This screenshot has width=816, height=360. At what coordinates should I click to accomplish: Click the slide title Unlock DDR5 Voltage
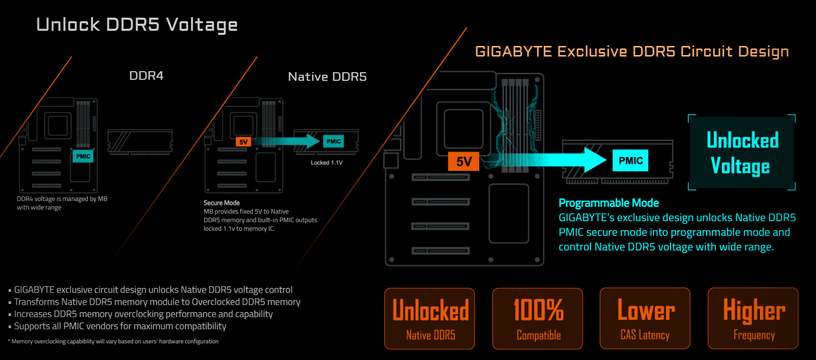(137, 25)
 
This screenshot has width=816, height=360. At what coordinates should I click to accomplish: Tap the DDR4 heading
(146, 76)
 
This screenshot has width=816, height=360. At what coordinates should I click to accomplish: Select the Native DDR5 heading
(327, 77)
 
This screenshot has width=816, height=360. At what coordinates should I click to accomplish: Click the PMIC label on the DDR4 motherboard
(83, 156)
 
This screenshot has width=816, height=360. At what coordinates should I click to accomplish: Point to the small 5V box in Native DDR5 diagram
(243, 142)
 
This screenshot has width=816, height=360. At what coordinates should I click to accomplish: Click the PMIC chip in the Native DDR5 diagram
(333, 141)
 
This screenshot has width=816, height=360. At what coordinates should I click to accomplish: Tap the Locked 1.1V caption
(327, 163)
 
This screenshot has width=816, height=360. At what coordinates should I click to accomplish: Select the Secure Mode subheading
(222, 202)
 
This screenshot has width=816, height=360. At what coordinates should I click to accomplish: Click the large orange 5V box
(464, 162)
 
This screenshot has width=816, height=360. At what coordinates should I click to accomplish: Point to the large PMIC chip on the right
(631, 161)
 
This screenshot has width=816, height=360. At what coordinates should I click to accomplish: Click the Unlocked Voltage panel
(742, 153)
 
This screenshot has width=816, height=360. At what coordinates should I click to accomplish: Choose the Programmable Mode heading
(608, 203)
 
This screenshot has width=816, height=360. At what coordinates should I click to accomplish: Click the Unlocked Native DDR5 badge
(430, 319)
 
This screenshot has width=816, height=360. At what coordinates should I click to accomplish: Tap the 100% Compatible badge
(538, 319)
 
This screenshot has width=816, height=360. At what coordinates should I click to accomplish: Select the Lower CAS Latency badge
(645, 319)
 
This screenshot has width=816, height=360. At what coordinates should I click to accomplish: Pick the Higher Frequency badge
(753, 319)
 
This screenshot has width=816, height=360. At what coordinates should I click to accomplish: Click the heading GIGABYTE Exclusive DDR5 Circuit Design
(632, 52)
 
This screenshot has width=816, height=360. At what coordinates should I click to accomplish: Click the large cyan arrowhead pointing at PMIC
(594, 161)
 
